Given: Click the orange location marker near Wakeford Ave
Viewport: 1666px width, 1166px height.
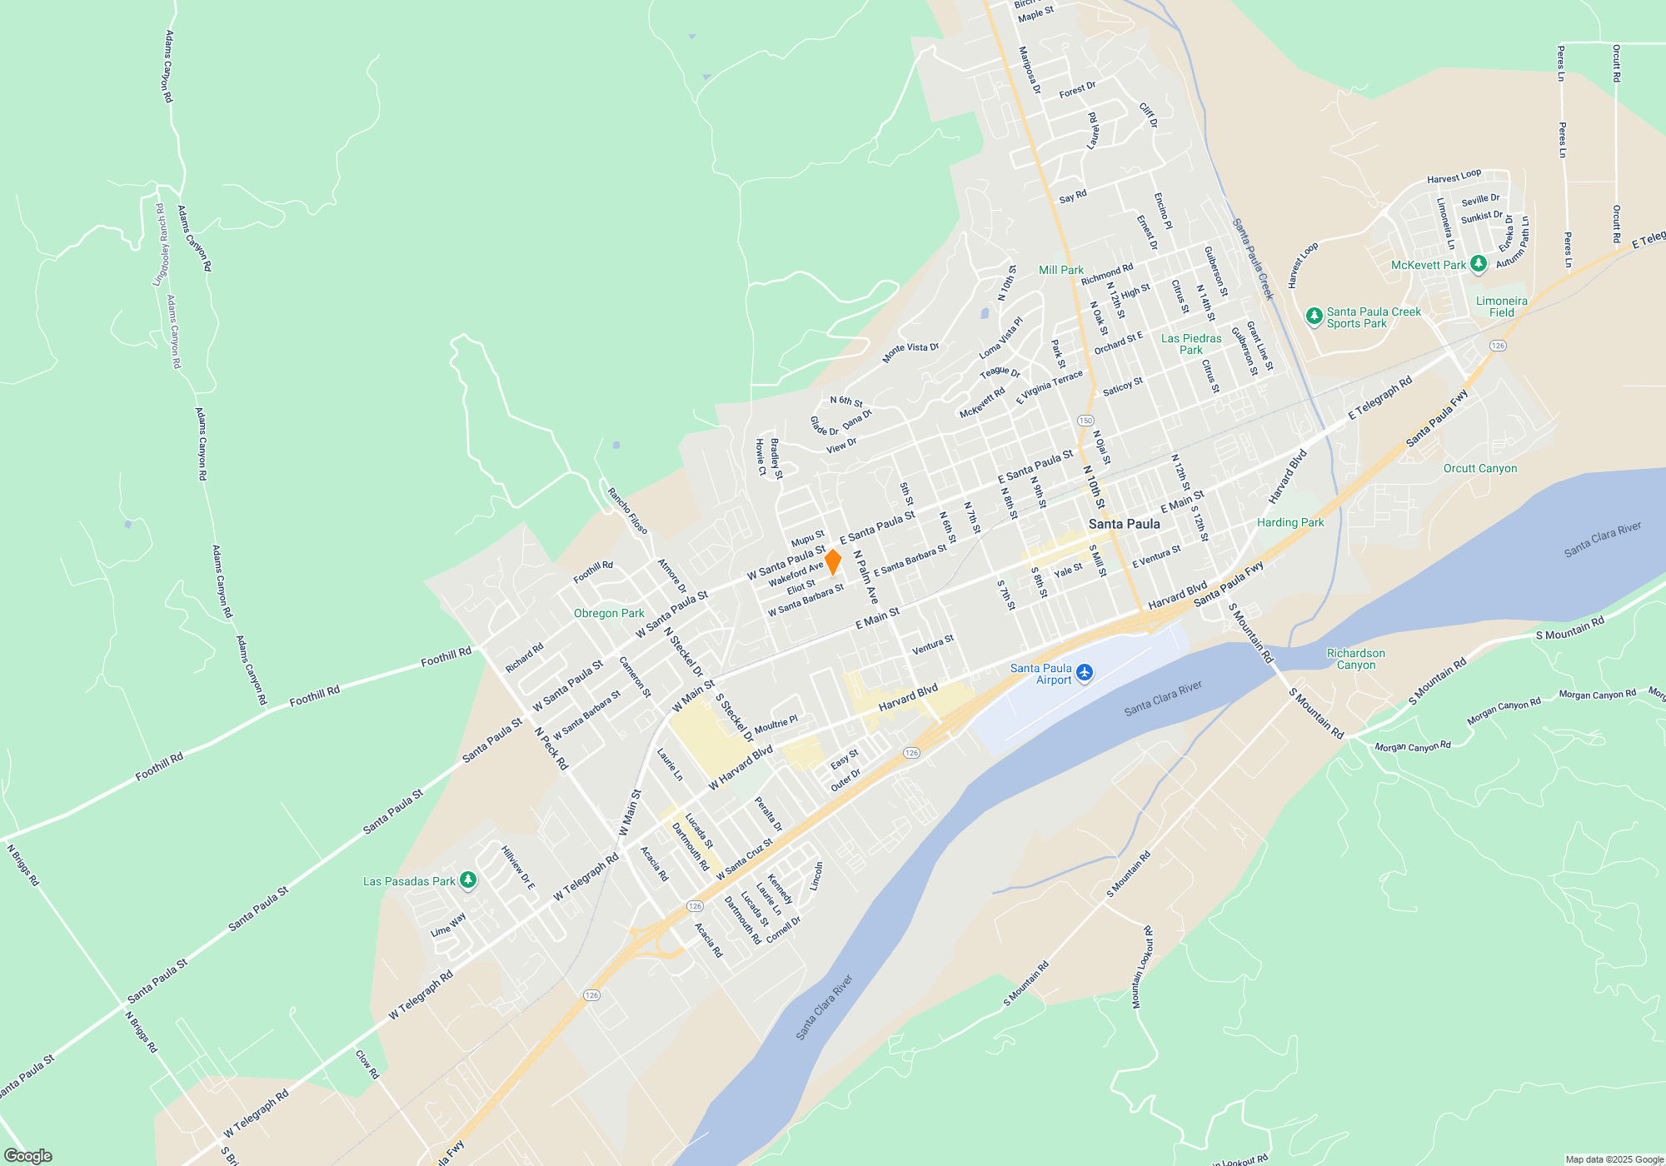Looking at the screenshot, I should click(x=832, y=561).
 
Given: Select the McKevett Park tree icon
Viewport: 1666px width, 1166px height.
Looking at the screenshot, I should click(x=1478, y=265).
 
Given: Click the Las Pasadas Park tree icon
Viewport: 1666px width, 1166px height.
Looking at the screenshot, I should click(x=468, y=880).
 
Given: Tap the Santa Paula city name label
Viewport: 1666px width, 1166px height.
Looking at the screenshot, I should click(x=1124, y=524).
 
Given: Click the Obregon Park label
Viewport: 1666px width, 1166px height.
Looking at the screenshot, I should click(x=609, y=613).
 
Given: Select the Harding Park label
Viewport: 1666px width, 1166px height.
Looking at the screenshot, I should click(x=1289, y=522).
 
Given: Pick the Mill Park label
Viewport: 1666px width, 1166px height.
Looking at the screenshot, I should click(x=1060, y=270).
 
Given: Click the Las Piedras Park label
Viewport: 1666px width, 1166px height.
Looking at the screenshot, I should click(x=1191, y=344).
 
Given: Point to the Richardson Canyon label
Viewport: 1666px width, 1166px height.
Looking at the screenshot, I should click(x=1355, y=659).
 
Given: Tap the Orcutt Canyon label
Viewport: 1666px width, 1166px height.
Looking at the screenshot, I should click(x=1479, y=469).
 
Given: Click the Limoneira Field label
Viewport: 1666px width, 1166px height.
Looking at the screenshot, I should click(x=1501, y=306).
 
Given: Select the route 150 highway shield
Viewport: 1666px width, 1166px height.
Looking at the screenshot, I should click(x=1085, y=421).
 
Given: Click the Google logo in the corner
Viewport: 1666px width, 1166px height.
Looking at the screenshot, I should click(x=28, y=1155).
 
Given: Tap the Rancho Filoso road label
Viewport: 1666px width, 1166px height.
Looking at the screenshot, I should click(x=627, y=511).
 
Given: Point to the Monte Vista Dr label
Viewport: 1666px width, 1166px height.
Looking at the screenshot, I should click(x=910, y=353).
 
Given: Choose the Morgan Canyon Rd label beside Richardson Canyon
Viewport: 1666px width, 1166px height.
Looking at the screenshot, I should click(x=1412, y=746).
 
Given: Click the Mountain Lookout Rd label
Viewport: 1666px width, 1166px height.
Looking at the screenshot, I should click(x=1142, y=967).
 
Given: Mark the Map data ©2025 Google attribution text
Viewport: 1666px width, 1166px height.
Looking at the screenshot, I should click(x=1614, y=1159).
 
